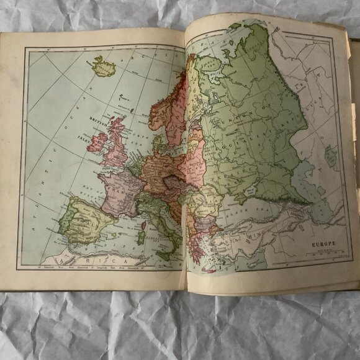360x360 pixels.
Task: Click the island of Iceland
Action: tap(103, 66)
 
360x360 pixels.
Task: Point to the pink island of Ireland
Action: tap(97, 142)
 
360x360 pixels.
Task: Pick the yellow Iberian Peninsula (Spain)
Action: tap(87, 217)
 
